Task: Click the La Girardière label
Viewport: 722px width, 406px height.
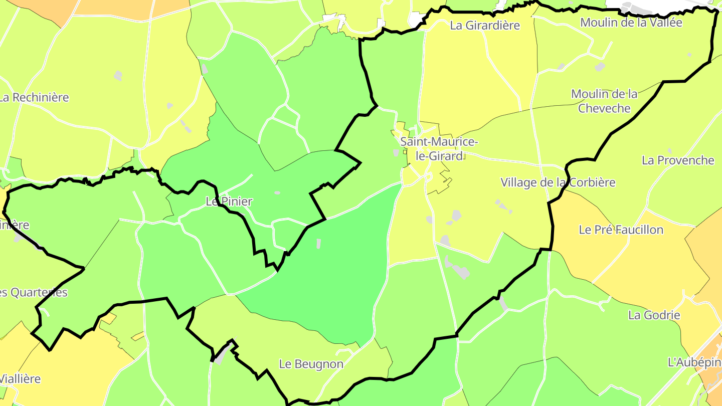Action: (x=485, y=26)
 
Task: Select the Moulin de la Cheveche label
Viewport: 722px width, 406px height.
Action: (x=604, y=101)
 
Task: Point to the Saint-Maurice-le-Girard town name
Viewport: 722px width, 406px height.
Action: (x=439, y=149)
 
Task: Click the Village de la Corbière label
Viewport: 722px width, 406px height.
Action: (x=558, y=182)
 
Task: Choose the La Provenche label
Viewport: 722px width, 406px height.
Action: (x=678, y=160)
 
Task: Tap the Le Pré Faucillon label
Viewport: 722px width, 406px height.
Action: (x=621, y=230)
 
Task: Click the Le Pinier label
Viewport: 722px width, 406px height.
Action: (x=229, y=201)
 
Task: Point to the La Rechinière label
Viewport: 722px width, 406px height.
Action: (x=34, y=98)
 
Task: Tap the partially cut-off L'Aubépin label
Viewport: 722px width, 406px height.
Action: (x=695, y=362)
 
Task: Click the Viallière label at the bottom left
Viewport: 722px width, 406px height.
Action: (x=20, y=379)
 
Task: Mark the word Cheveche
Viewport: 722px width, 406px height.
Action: (x=604, y=108)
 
